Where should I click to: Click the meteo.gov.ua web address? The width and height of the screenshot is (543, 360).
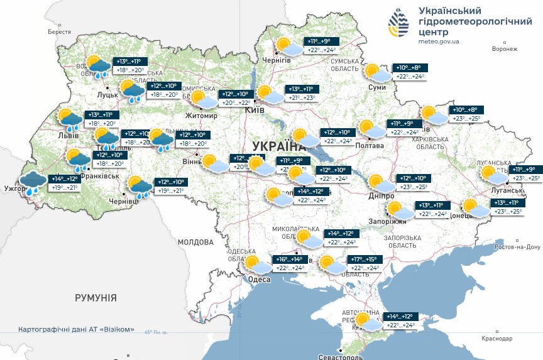(438, 41)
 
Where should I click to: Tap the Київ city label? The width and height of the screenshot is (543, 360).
(254, 110)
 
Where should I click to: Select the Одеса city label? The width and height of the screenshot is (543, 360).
(259, 280)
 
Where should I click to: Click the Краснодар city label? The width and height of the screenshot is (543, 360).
(497, 339)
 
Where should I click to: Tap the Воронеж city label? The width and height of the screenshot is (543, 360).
(505, 49)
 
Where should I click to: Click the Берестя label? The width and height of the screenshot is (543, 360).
(59, 31)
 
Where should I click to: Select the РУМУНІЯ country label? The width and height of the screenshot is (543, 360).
(96, 297)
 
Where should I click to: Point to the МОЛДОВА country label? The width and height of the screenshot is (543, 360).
(195, 242)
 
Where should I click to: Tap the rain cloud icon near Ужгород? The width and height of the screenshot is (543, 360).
(32, 181)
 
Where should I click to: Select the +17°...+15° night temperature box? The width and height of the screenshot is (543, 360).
(365, 259)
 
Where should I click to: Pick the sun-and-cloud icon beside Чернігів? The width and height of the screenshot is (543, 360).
(290, 48)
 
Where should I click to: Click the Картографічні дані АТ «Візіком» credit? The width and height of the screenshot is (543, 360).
(76, 330)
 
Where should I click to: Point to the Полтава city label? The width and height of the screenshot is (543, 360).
(370, 146)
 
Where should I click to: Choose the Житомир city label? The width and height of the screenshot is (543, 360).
(201, 116)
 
